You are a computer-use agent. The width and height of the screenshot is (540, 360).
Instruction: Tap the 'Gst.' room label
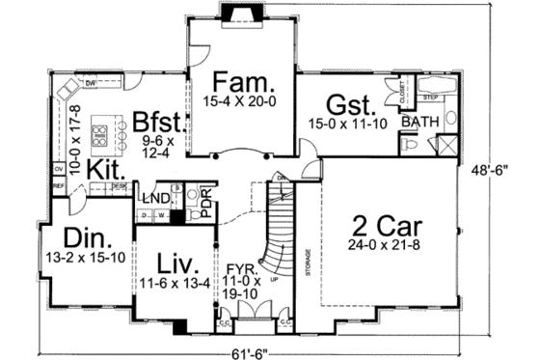click(x=345, y=104)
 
